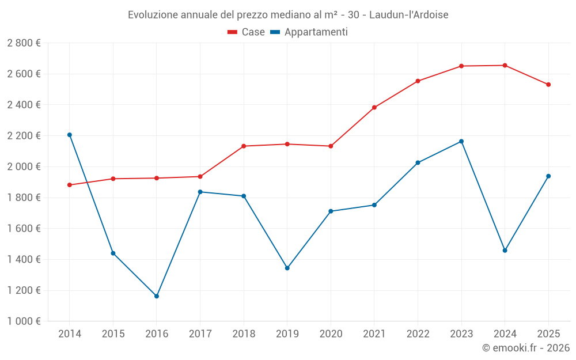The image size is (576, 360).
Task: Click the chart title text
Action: click(288, 14)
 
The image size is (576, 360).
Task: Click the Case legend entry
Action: click(247, 32)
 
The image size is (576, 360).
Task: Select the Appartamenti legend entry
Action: click(309, 32)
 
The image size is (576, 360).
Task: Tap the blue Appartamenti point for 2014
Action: click(70, 135)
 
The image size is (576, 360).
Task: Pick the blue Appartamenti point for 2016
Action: click(157, 296)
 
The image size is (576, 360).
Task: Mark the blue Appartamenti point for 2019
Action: click(287, 268)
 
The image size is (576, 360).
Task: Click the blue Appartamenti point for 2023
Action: click(461, 141)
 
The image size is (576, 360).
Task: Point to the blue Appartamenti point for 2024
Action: click(505, 251)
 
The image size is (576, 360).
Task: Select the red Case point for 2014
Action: click(70, 185)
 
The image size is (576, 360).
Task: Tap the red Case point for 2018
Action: click(244, 146)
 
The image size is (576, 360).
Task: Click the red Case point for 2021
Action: click(374, 108)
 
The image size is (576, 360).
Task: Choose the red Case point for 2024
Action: click(505, 65)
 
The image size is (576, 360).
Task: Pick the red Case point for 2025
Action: click(548, 85)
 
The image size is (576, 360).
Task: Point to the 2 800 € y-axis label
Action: click(24, 43)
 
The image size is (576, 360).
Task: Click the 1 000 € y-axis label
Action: click(24, 321)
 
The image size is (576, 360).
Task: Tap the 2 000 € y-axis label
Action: click(24, 166)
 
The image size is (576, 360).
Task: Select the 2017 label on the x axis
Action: click(200, 334)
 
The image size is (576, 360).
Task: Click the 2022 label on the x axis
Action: click(418, 334)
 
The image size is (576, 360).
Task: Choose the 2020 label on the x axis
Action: click(331, 334)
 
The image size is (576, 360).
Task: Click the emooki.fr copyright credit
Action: click(525, 348)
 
